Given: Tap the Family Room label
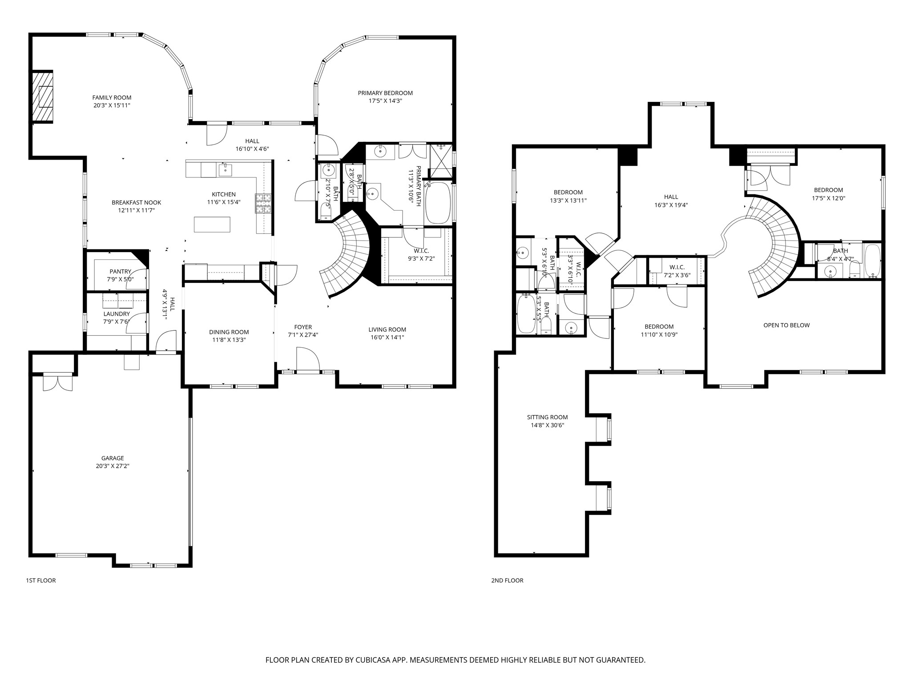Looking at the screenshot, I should click(112, 97).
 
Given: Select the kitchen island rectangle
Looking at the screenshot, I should click(212, 224).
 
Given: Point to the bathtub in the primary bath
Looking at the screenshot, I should click(438, 203).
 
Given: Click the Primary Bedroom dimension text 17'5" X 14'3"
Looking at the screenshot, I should click(385, 101).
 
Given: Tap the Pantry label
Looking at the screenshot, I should click(120, 271).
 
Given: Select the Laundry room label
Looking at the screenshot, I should click(117, 313).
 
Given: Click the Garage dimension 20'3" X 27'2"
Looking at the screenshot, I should click(112, 466).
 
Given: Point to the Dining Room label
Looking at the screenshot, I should click(229, 332).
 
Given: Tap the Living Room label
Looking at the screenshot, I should click(387, 329).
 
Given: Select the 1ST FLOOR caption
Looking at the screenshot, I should click(41, 580).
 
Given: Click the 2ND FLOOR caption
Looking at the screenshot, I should click(507, 580).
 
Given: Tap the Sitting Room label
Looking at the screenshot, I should click(547, 417).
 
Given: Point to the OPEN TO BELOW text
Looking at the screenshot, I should click(786, 325).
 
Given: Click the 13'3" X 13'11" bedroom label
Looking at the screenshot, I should click(568, 201).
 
